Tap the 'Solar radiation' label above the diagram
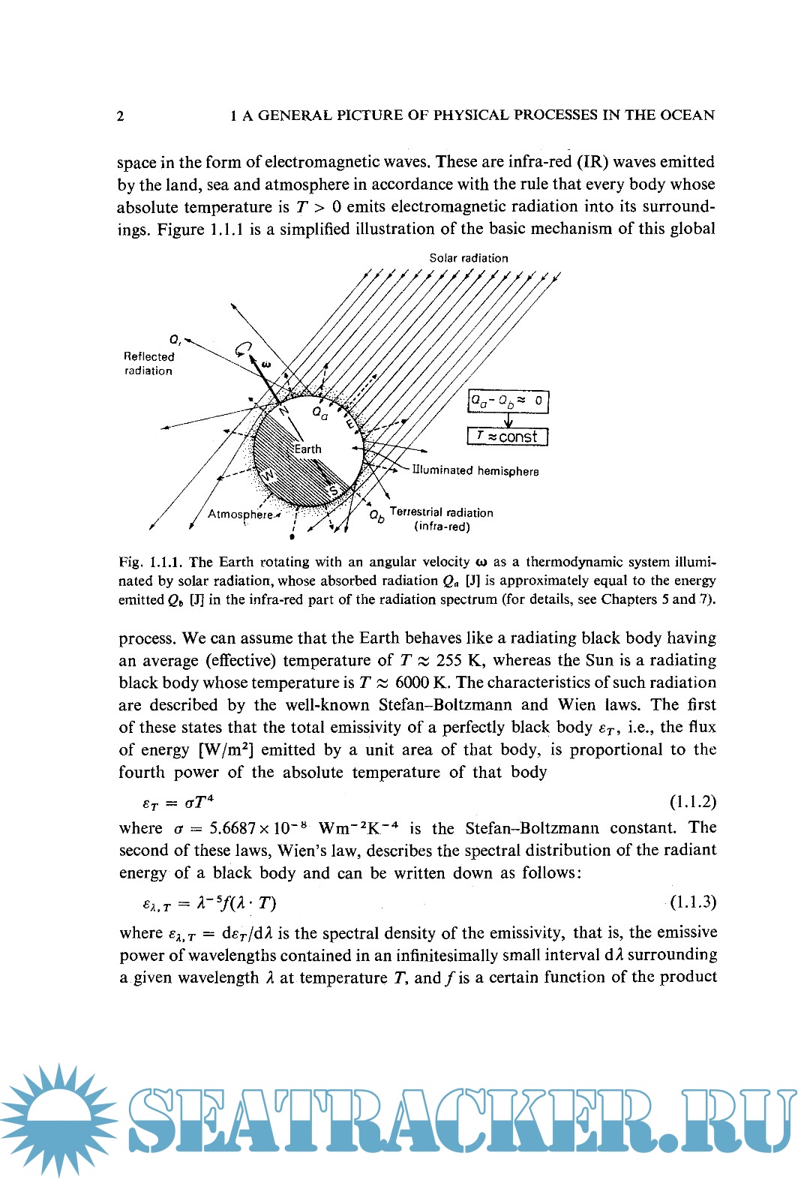pos(468,258)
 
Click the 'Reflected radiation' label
pos(148,364)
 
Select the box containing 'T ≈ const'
pos(508,437)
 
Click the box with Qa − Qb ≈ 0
pos(508,401)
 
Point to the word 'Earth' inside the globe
pos(307,449)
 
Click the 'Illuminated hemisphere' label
pos(475,471)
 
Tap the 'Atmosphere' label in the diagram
pos(240,515)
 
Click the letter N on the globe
pos(283,410)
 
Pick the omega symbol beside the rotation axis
pos(265,365)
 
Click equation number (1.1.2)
pos(692,802)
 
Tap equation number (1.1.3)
pos(692,902)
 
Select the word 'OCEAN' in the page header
pos(688,116)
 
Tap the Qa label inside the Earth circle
pos(320,413)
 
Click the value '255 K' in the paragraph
pos(459,661)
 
